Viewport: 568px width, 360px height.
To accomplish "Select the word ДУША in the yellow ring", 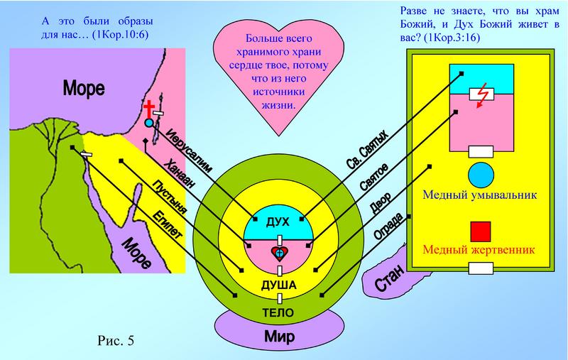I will (280, 285).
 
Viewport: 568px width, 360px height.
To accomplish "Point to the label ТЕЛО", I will (280, 312).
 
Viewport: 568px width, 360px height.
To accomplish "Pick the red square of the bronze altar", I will (481, 231).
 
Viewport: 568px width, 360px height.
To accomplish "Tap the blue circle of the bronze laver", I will (481, 175).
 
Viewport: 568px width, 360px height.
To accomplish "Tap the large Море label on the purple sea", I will (84, 89).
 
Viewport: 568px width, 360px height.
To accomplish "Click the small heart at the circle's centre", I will (280, 253).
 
